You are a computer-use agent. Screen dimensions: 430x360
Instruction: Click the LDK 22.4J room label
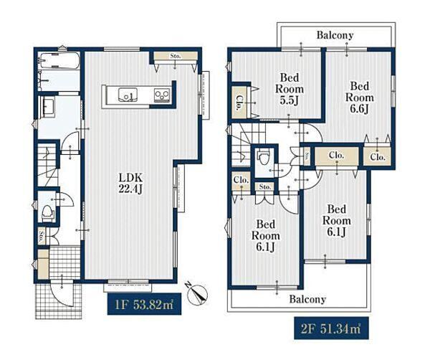(130, 184)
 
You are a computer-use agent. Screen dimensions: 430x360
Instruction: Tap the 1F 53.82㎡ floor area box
(144, 304)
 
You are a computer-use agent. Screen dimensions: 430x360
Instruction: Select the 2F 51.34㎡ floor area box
(331, 328)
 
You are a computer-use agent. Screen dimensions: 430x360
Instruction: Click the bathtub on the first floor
(59, 60)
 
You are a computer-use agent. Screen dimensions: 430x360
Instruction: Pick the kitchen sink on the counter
(128, 95)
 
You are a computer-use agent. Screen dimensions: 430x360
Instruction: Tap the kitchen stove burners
(162, 95)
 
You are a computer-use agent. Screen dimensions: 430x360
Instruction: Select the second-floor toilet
(264, 157)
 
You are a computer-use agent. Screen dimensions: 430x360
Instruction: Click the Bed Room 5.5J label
(290, 89)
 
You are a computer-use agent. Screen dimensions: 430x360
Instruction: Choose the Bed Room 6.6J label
(359, 98)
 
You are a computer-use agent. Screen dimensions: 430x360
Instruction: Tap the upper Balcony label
(335, 35)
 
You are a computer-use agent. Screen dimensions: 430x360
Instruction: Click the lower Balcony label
(307, 299)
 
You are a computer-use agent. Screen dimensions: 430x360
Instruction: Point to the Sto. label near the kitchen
(176, 56)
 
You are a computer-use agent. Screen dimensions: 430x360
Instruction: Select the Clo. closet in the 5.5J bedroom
(239, 103)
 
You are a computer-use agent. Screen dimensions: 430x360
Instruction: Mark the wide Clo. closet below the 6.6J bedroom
(337, 156)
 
